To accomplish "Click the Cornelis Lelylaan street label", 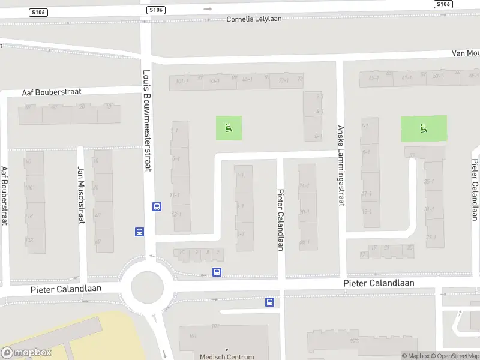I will (x=254, y=19).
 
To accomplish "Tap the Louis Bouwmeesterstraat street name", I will (x=147, y=120).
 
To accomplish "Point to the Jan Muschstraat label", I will (x=80, y=195).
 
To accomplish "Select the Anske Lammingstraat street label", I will (x=340, y=166).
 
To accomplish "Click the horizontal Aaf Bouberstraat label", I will (x=51, y=92).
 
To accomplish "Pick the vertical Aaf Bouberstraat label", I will (x=4, y=195).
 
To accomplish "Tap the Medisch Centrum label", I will (x=227, y=356).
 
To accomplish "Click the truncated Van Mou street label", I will (x=466, y=53).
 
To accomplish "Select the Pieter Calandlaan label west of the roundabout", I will (x=66, y=289).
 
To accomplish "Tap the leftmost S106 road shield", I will (x=38, y=11).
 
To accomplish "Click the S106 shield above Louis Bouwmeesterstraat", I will (x=155, y=10).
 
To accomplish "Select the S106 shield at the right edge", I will (x=443, y=4).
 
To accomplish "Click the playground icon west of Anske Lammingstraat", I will (x=229, y=128).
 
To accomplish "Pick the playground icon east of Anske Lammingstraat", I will (x=424, y=128).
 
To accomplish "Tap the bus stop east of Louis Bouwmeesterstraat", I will (x=157, y=207).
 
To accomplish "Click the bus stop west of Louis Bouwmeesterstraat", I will (x=139, y=232).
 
